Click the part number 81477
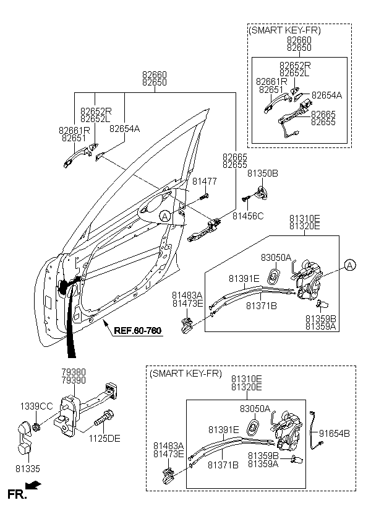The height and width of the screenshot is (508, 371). (x=203, y=182)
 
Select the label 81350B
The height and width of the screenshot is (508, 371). (x=262, y=173)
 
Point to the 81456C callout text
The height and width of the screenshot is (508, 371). (x=248, y=216)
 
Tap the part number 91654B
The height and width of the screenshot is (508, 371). (x=337, y=433)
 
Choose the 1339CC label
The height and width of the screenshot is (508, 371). (x=36, y=406)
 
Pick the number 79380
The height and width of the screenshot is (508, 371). (x=73, y=372)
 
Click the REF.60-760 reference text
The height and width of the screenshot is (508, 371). (x=137, y=330)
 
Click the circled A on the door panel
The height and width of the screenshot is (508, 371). (x=164, y=216)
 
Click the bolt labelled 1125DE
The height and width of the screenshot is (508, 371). (x=101, y=424)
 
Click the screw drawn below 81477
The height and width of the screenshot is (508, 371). (x=203, y=196)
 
